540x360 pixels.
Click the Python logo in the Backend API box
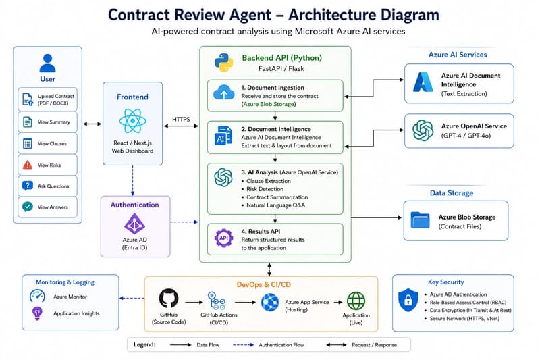224,63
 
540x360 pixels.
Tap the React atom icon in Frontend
132,121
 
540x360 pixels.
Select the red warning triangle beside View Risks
28,165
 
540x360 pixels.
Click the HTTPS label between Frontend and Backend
181,119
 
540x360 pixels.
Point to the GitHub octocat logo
169,299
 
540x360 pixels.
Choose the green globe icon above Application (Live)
356,301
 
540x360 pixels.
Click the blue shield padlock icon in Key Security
408,300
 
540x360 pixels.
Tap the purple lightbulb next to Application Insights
37,313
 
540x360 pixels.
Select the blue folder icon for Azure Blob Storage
420,220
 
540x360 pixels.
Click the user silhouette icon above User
47,63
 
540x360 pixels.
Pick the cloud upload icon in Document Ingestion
224,93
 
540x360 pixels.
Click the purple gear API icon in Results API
224,238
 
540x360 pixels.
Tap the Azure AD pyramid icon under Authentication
134,224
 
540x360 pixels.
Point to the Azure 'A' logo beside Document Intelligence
423,82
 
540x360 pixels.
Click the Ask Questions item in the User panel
47,186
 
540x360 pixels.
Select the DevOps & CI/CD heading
264,284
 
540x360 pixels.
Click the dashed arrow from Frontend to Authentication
132,180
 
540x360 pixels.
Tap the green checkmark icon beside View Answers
28,207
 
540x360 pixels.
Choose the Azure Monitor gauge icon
37,297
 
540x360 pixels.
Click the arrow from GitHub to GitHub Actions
194,302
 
